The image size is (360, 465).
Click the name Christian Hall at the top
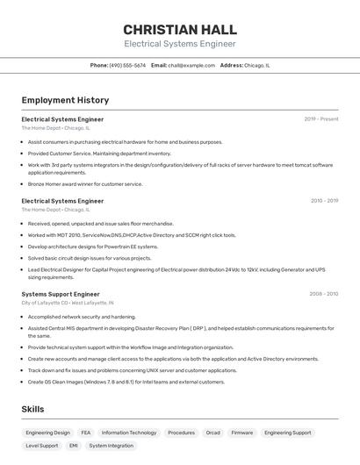pos(180,29)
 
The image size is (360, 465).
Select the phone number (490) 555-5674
pos(127,65)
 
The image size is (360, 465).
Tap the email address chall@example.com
pos(191,65)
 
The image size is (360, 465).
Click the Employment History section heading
pos(65,101)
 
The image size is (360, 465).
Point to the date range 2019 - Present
pos(321,118)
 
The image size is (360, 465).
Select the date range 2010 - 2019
pos(324,200)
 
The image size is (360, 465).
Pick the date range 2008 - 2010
pos(324,293)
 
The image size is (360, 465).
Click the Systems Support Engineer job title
pos(61,294)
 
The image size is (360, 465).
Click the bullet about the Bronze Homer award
pos(85,184)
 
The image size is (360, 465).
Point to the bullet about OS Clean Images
pos(126,382)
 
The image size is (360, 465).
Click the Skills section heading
pos(32,409)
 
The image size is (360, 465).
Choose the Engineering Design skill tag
pos(47,433)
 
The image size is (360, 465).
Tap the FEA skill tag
pos(86,433)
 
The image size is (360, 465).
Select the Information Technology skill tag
pos(129,433)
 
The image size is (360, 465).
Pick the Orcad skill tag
pos(213,433)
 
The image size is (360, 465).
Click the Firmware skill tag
pos(242,433)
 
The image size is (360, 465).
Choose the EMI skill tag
pos(74,446)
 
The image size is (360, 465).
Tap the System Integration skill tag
pos(112,446)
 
